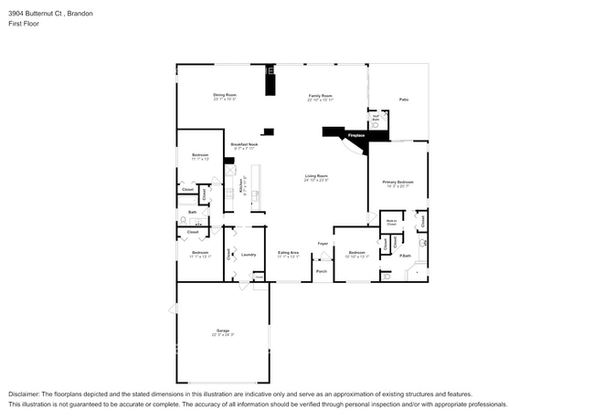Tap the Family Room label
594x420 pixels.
tap(320, 95)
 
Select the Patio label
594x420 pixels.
tap(403, 100)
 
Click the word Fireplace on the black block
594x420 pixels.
tap(355, 136)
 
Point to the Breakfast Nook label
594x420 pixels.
tap(244, 144)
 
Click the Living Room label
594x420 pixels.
tap(316, 175)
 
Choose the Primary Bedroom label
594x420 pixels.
tap(398, 182)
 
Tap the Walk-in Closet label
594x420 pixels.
tap(391, 222)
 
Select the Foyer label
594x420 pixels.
tap(323, 244)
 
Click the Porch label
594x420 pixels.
tap(322, 271)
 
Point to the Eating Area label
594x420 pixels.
tap(289, 253)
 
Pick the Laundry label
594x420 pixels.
tap(249, 254)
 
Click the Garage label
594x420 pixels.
tap(223, 330)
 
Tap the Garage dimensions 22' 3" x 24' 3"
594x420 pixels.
tap(223, 335)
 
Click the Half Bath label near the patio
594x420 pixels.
tap(375, 117)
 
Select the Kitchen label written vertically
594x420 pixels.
tap(240, 185)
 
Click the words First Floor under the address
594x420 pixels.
tap(24, 24)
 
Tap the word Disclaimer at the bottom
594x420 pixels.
tap(25, 394)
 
